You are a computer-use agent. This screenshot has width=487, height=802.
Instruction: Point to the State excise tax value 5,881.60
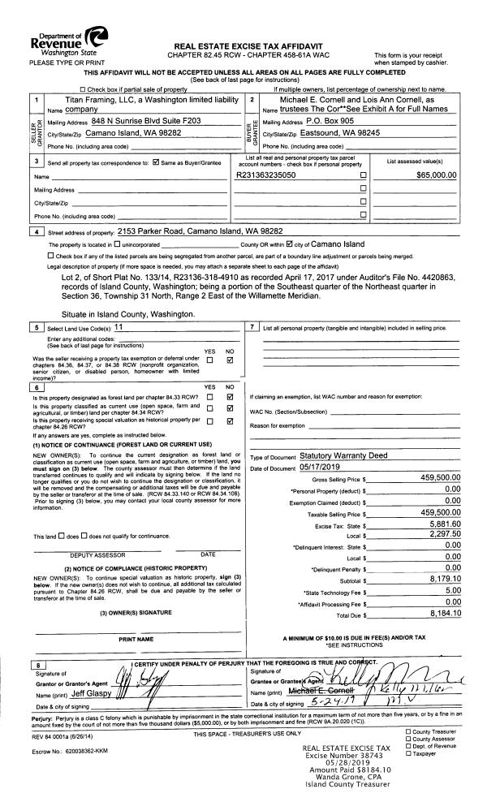442,527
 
